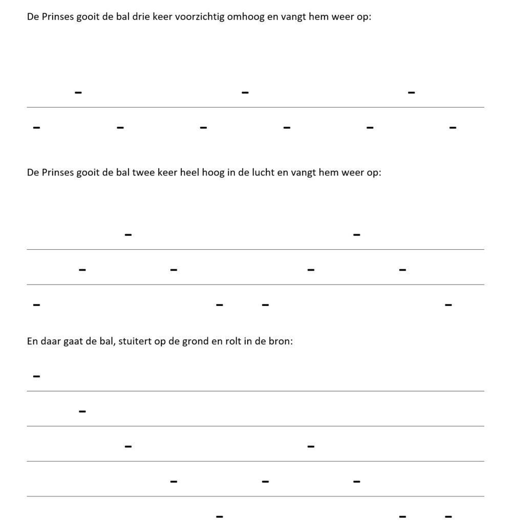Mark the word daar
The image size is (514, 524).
51,341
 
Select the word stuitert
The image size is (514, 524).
135,341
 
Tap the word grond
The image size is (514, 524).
195,341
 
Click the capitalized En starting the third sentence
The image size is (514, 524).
32,341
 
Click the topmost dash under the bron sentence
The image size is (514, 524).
36,377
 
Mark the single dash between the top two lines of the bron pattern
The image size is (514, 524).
82,411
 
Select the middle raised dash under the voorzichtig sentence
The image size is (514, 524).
245,93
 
